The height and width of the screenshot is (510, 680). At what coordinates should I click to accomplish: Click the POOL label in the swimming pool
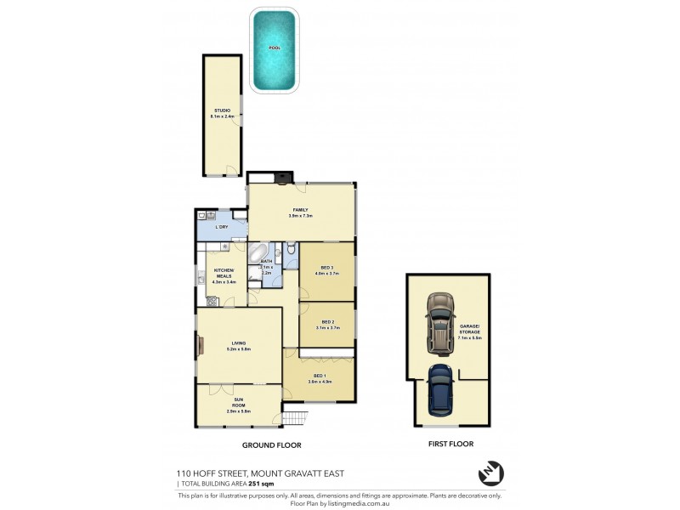274,48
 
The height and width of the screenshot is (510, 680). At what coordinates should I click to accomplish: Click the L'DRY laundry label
222,227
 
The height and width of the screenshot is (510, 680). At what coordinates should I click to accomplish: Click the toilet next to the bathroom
291,249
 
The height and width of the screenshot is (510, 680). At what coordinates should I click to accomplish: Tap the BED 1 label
320,377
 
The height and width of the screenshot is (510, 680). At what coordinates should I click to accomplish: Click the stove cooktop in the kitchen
211,300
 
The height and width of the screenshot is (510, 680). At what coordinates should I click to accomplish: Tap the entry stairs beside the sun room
294,418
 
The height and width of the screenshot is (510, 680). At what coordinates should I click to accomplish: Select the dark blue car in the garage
439,387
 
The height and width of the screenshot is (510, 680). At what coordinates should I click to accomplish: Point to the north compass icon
491,473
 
